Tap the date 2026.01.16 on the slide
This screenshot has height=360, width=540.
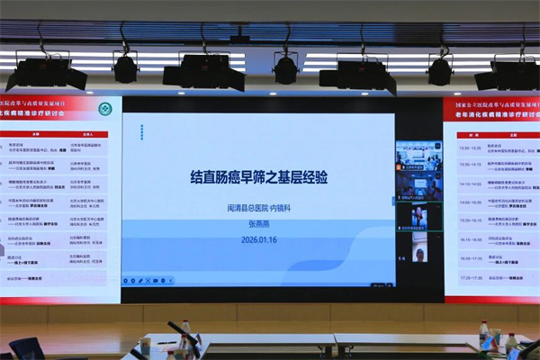point(258,238)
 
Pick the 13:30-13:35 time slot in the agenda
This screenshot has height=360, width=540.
point(470,148)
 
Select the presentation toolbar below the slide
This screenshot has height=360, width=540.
point(149,280)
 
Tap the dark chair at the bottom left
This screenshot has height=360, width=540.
point(25,349)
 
